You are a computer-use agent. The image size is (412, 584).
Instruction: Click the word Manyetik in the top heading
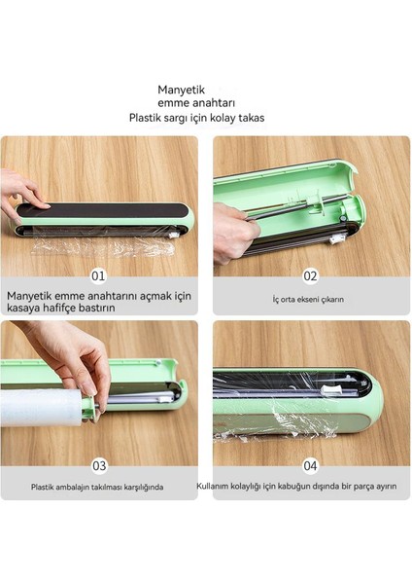(x=181, y=91)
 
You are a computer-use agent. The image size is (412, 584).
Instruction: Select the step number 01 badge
(x=98, y=276)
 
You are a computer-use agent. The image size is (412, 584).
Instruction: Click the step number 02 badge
(x=310, y=276)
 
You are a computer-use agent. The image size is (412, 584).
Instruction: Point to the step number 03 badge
(x=99, y=465)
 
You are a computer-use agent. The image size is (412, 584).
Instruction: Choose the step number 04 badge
(x=310, y=465)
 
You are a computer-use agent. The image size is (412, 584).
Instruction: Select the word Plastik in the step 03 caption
(x=43, y=487)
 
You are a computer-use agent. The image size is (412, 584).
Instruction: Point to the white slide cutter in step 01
(x=173, y=235)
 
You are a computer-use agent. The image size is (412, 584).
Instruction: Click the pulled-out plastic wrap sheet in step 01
(x=103, y=246)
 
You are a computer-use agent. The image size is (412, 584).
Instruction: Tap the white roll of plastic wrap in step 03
(x=40, y=407)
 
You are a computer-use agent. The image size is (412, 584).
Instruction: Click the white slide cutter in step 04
(x=331, y=390)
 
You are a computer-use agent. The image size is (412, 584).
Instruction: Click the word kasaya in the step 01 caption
(x=21, y=308)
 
